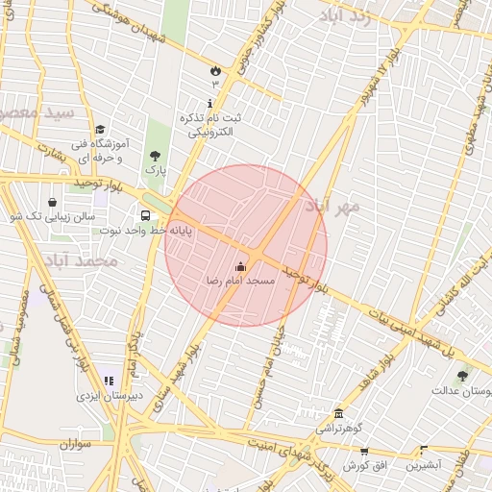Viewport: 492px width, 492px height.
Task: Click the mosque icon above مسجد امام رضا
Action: coord(240,266)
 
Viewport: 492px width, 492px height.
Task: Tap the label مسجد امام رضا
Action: coord(241,281)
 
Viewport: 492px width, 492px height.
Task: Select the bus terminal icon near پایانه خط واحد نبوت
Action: coord(145,216)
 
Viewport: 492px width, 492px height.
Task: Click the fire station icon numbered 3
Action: coord(214,70)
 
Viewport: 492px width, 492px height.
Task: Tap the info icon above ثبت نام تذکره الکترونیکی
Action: coord(210,103)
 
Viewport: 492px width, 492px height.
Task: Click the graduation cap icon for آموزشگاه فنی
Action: coord(101,130)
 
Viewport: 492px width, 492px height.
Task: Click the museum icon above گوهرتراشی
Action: coord(337,412)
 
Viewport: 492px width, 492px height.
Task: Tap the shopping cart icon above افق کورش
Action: coord(363,452)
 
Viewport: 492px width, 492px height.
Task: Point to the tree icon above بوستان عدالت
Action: coord(462,376)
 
